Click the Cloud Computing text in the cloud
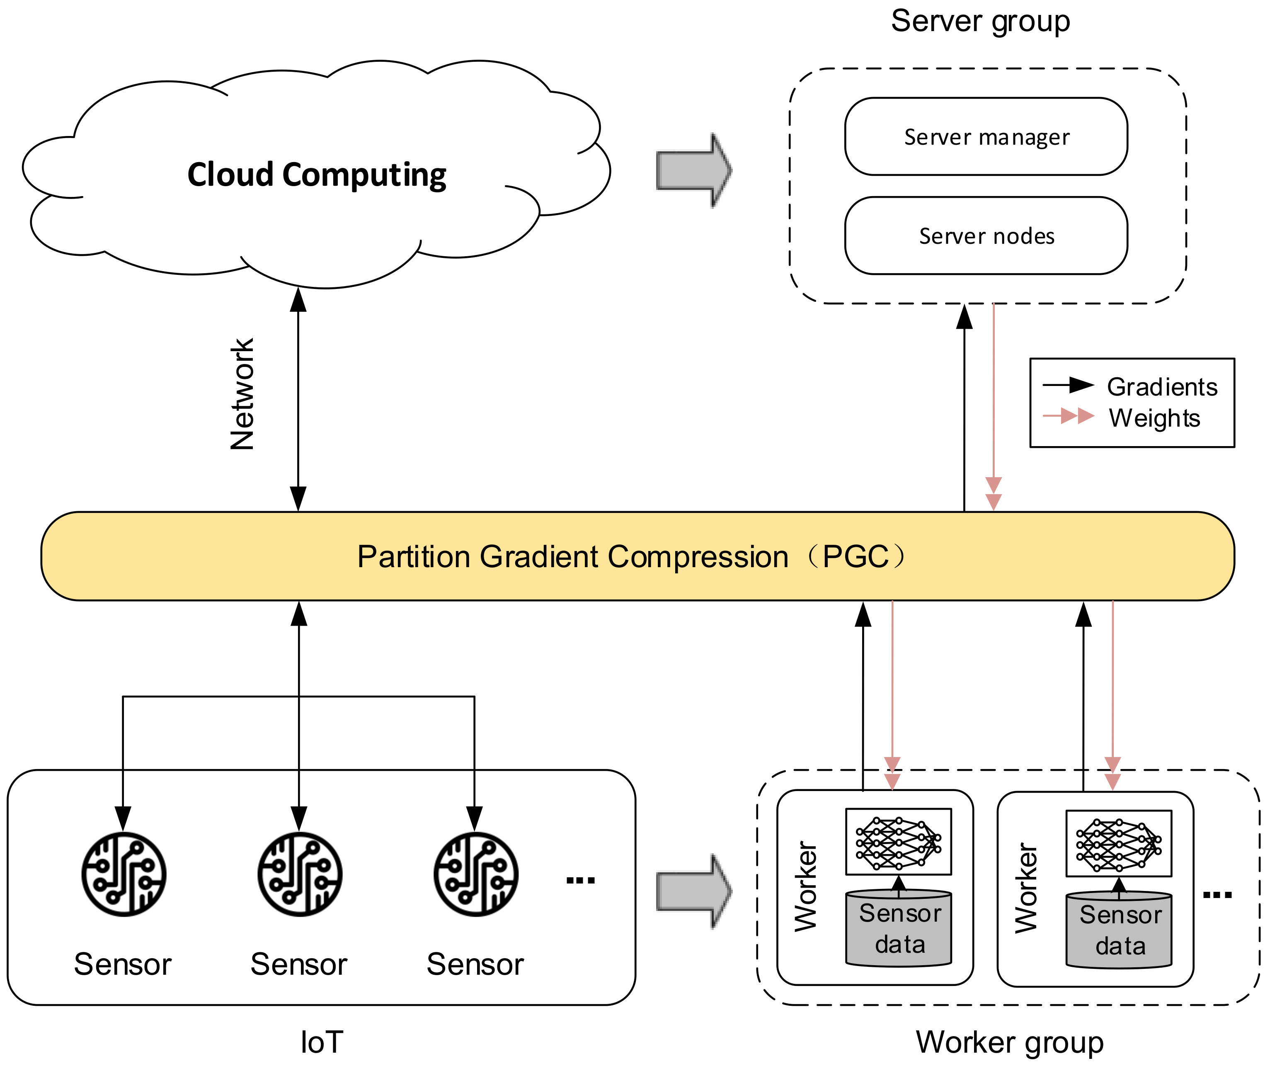317,175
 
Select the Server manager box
986,137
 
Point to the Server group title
980,21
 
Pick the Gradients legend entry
1161,387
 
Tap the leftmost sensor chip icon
124,874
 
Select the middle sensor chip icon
300,874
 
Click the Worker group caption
1009,1042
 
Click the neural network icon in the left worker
898,842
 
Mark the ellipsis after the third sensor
580,880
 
